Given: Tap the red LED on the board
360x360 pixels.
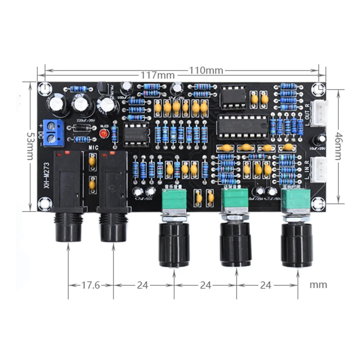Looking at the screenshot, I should tap(104, 134).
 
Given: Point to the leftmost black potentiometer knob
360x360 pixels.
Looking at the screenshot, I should tap(174, 245).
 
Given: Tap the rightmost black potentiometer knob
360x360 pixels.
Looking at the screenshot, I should tap(297, 245).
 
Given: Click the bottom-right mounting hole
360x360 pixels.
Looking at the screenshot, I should tap(319, 203).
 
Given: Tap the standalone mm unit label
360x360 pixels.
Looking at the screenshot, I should tap(318, 285).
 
